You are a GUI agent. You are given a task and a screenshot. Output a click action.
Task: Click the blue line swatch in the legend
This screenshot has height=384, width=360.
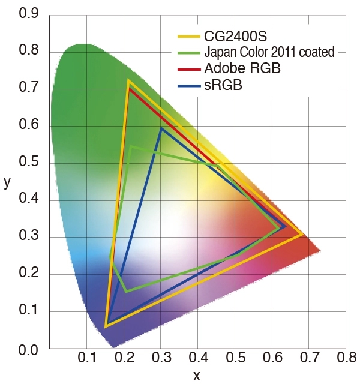click(x=190, y=87)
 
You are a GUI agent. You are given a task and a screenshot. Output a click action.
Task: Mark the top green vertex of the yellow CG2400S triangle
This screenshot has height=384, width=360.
click(x=128, y=80)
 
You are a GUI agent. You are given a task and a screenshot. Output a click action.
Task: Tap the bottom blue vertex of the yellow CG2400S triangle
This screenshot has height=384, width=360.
click(x=106, y=326)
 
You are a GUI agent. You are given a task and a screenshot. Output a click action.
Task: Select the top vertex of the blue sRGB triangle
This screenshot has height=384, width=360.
click(x=161, y=128)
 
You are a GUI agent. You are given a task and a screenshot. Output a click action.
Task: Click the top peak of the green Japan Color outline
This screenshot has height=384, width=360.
click(x=130, y=147)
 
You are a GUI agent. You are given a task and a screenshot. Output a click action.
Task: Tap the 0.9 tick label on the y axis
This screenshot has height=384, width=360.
click(x=29, y=13)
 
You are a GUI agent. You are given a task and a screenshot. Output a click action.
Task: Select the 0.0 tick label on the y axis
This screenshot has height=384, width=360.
click(x=29, y=349)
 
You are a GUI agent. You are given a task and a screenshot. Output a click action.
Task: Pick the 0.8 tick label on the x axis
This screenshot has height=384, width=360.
click(x=346, y=359)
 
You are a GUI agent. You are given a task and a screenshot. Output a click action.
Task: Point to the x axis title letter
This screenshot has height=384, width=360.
click(x=196, y=376)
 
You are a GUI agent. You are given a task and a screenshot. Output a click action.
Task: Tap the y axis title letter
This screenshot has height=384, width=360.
click(x=7, y=181)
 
